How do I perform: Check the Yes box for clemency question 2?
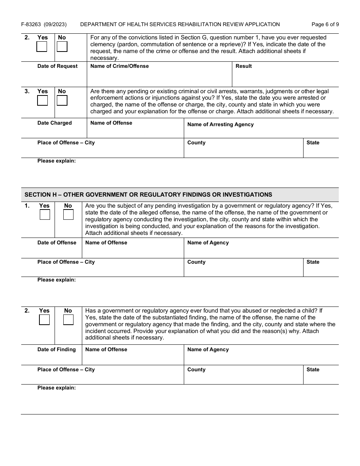(42, 47)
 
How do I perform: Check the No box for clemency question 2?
(62, 47)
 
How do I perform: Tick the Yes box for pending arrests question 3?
(42, 100)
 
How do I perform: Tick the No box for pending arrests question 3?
(62, 100)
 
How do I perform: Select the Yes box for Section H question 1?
(45, 215)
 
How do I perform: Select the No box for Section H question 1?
(68, 215)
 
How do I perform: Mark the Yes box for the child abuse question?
(44, 320)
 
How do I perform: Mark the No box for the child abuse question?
(68, 320)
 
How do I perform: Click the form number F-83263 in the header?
(31, 24)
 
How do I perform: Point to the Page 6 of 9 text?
(325, 24)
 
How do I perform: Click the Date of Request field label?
(57, 66)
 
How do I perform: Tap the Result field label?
(244, 66)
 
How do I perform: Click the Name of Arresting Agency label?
(220, 124)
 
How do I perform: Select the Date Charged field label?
(54, 123)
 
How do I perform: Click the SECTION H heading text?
(148, 195)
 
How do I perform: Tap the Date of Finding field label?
(56, 349)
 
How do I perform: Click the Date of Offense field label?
(57, 242)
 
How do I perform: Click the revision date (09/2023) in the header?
(55, 24)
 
